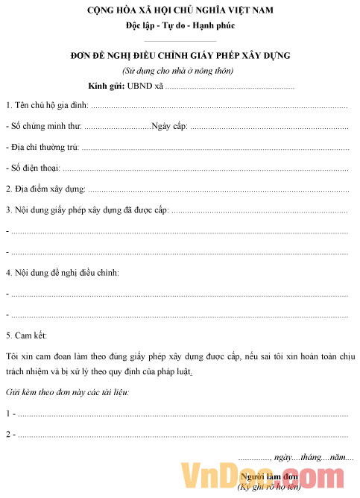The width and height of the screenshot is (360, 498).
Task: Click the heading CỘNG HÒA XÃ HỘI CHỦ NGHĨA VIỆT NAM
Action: click(180, 10)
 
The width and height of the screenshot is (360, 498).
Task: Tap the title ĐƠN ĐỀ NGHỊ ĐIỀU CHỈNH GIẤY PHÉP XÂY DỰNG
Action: click(179, 56)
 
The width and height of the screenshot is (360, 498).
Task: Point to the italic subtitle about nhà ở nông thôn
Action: click(179, 71)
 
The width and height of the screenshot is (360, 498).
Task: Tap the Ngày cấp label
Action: click(169, 127)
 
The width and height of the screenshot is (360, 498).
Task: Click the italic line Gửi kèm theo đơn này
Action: click(67, 392)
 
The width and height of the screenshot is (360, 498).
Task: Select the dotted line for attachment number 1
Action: click(183, 414)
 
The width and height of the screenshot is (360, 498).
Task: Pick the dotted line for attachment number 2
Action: click(183, 435)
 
